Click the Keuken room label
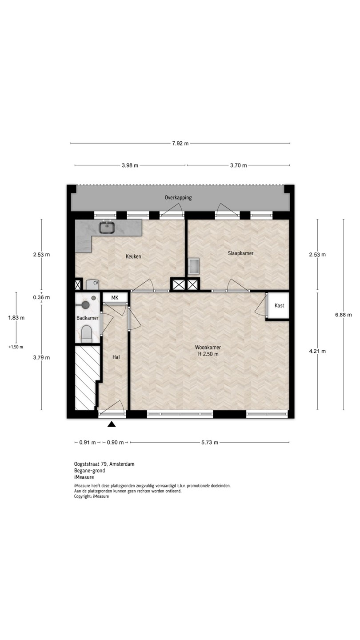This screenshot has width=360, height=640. [x=133, y=256]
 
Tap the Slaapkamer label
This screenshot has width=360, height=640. [x=240, y=253]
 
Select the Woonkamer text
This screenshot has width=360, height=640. [x=208, y=348]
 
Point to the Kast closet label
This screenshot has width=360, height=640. [x=279, y=305]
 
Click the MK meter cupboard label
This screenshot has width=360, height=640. [x=115, y=298]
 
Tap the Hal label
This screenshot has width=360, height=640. [x=116, y=357]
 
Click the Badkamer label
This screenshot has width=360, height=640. [x=87, y=318]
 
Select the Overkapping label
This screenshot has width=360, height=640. [x=178, y=197]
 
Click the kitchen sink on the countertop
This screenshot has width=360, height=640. [x=108, y=228]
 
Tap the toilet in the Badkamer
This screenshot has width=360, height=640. [x=87, y=334]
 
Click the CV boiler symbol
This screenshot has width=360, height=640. [x=92, y=284]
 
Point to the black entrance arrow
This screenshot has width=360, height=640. [x=112, y=424]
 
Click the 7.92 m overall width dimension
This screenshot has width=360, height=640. [x=180, y=144]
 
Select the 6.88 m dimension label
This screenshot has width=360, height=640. [x=344, y=315]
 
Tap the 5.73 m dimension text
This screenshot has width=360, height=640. [x=210, y=442]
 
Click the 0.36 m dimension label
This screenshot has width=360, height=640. [x=41, y=297]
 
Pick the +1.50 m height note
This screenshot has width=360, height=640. [x=16, y=347]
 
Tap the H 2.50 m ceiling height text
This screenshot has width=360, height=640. [x=208, y=354]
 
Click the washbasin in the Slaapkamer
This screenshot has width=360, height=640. [x=193, y=266]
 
